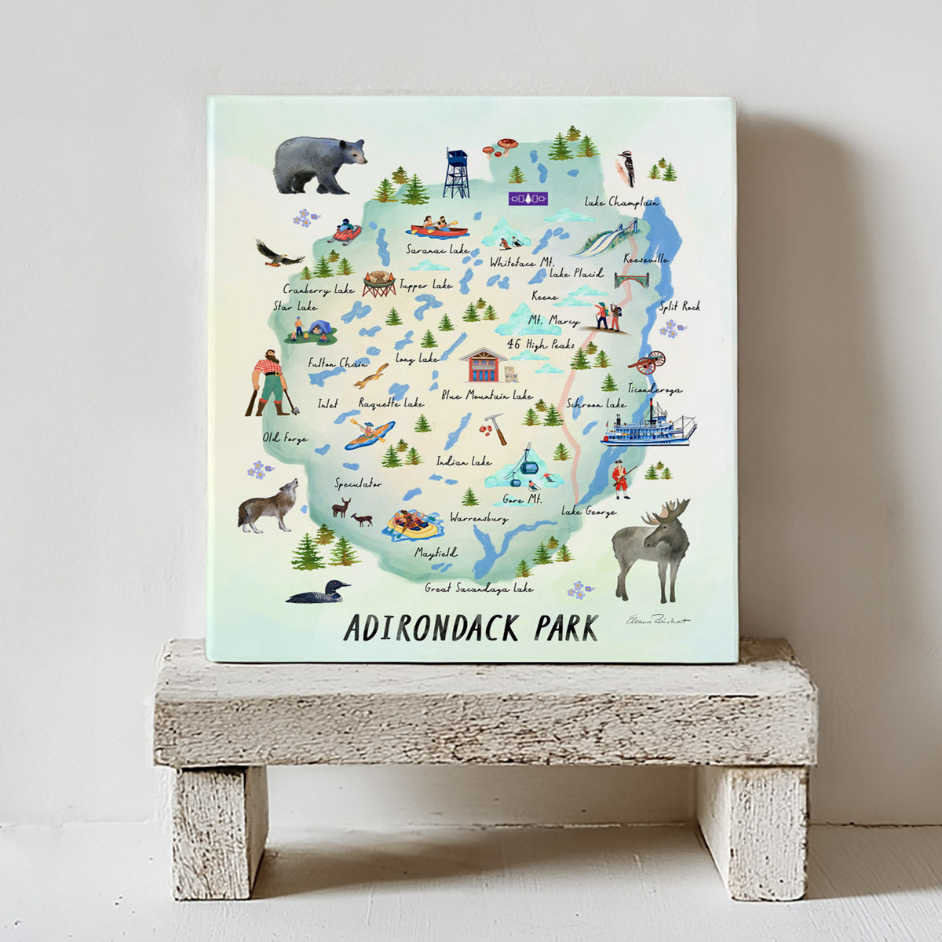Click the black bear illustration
click(318, 163)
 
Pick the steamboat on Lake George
click(648, 427)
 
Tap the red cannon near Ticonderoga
click(648, 363)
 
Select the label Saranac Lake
click(437, 250)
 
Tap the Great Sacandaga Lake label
click(479, 587)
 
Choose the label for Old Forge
click(285, 438)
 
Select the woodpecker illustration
click(627, 166)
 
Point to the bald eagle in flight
click(278, 253)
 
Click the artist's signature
click(657, 620)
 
